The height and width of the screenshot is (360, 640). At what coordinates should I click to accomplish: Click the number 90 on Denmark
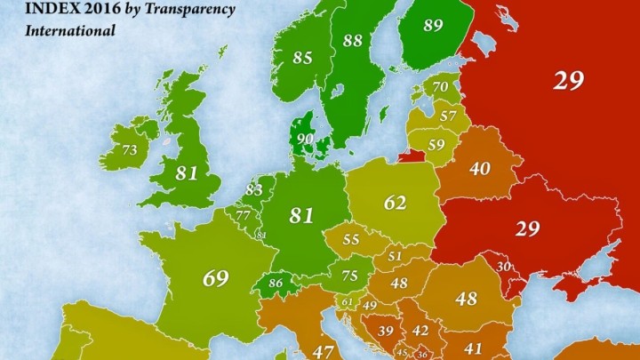point(305,139)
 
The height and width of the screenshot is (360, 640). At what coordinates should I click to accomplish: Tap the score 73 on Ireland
point(129,150)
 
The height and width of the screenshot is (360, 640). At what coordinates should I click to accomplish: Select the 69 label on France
point(215,277)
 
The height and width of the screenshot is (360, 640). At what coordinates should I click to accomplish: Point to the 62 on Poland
point(395,202)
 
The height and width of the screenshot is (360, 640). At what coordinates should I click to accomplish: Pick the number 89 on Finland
point(434,26)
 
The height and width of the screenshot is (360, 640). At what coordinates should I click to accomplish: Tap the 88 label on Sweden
point(352,40)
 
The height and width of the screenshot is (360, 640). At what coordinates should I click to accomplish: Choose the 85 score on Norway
point(302,58)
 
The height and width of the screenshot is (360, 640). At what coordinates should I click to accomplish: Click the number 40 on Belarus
point(479,168)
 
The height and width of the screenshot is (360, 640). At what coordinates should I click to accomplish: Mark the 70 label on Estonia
point(440,88)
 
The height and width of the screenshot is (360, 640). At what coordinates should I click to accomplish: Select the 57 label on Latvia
point(448,116)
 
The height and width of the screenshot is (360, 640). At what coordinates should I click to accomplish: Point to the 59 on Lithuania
point(436,144)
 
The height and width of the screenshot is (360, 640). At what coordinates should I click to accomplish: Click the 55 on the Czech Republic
point(351,239)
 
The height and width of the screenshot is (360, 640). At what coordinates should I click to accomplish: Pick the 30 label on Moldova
point(503,267)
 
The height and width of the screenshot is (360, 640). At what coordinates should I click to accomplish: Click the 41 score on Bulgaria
point(472,348)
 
